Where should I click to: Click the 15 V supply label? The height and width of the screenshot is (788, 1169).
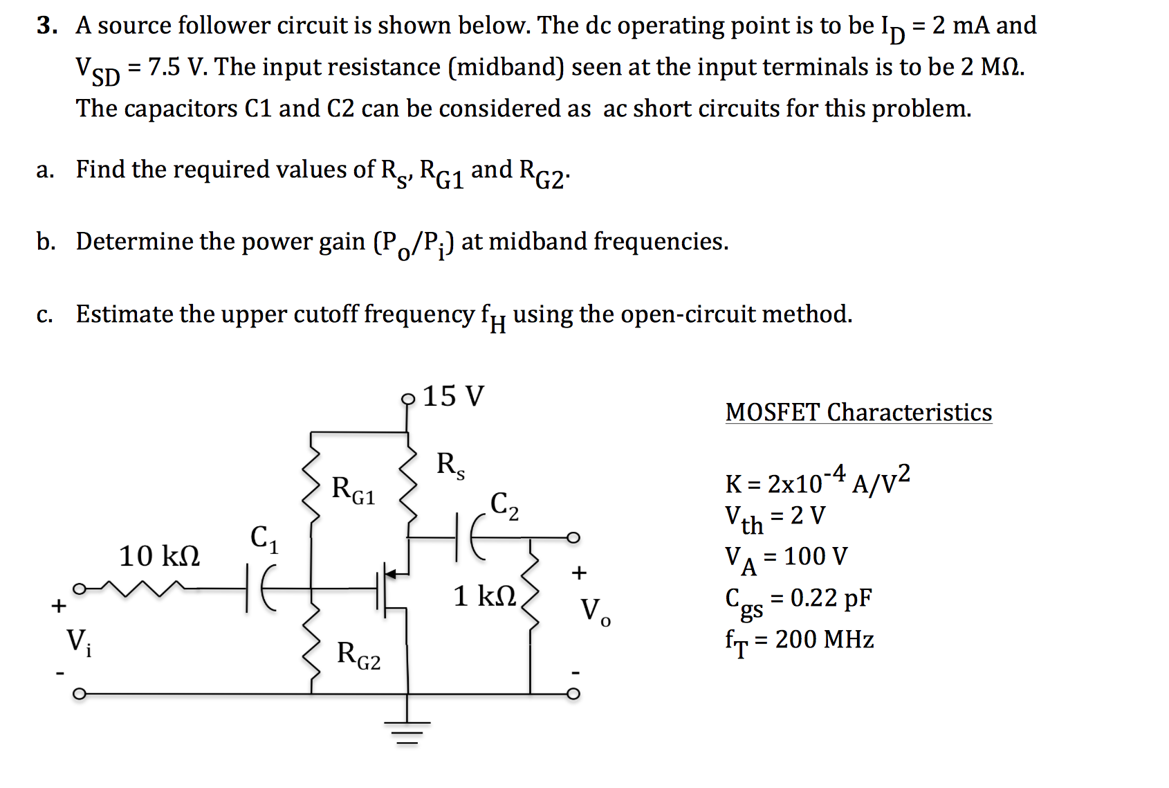point(454,396)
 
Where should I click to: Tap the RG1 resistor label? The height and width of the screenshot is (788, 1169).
point(353,490)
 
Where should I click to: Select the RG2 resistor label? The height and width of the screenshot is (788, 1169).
point(358,655)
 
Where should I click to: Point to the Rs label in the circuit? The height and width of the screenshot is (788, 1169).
point(450,465)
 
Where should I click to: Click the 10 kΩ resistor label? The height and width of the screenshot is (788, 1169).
point(159,556)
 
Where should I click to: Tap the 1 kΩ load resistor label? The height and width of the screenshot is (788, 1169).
point(484,596)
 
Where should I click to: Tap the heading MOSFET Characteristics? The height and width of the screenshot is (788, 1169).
point(858,413)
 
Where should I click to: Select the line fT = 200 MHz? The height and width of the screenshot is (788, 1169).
point(800,641)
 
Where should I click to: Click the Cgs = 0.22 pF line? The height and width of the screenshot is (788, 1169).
point(798,600)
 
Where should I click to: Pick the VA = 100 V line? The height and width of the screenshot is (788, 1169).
point(786,558)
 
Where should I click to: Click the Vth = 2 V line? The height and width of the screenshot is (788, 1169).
point(775,517)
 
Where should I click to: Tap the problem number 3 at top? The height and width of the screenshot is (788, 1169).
point(46,26)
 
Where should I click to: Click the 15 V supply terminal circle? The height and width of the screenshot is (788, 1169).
point(408,398)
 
